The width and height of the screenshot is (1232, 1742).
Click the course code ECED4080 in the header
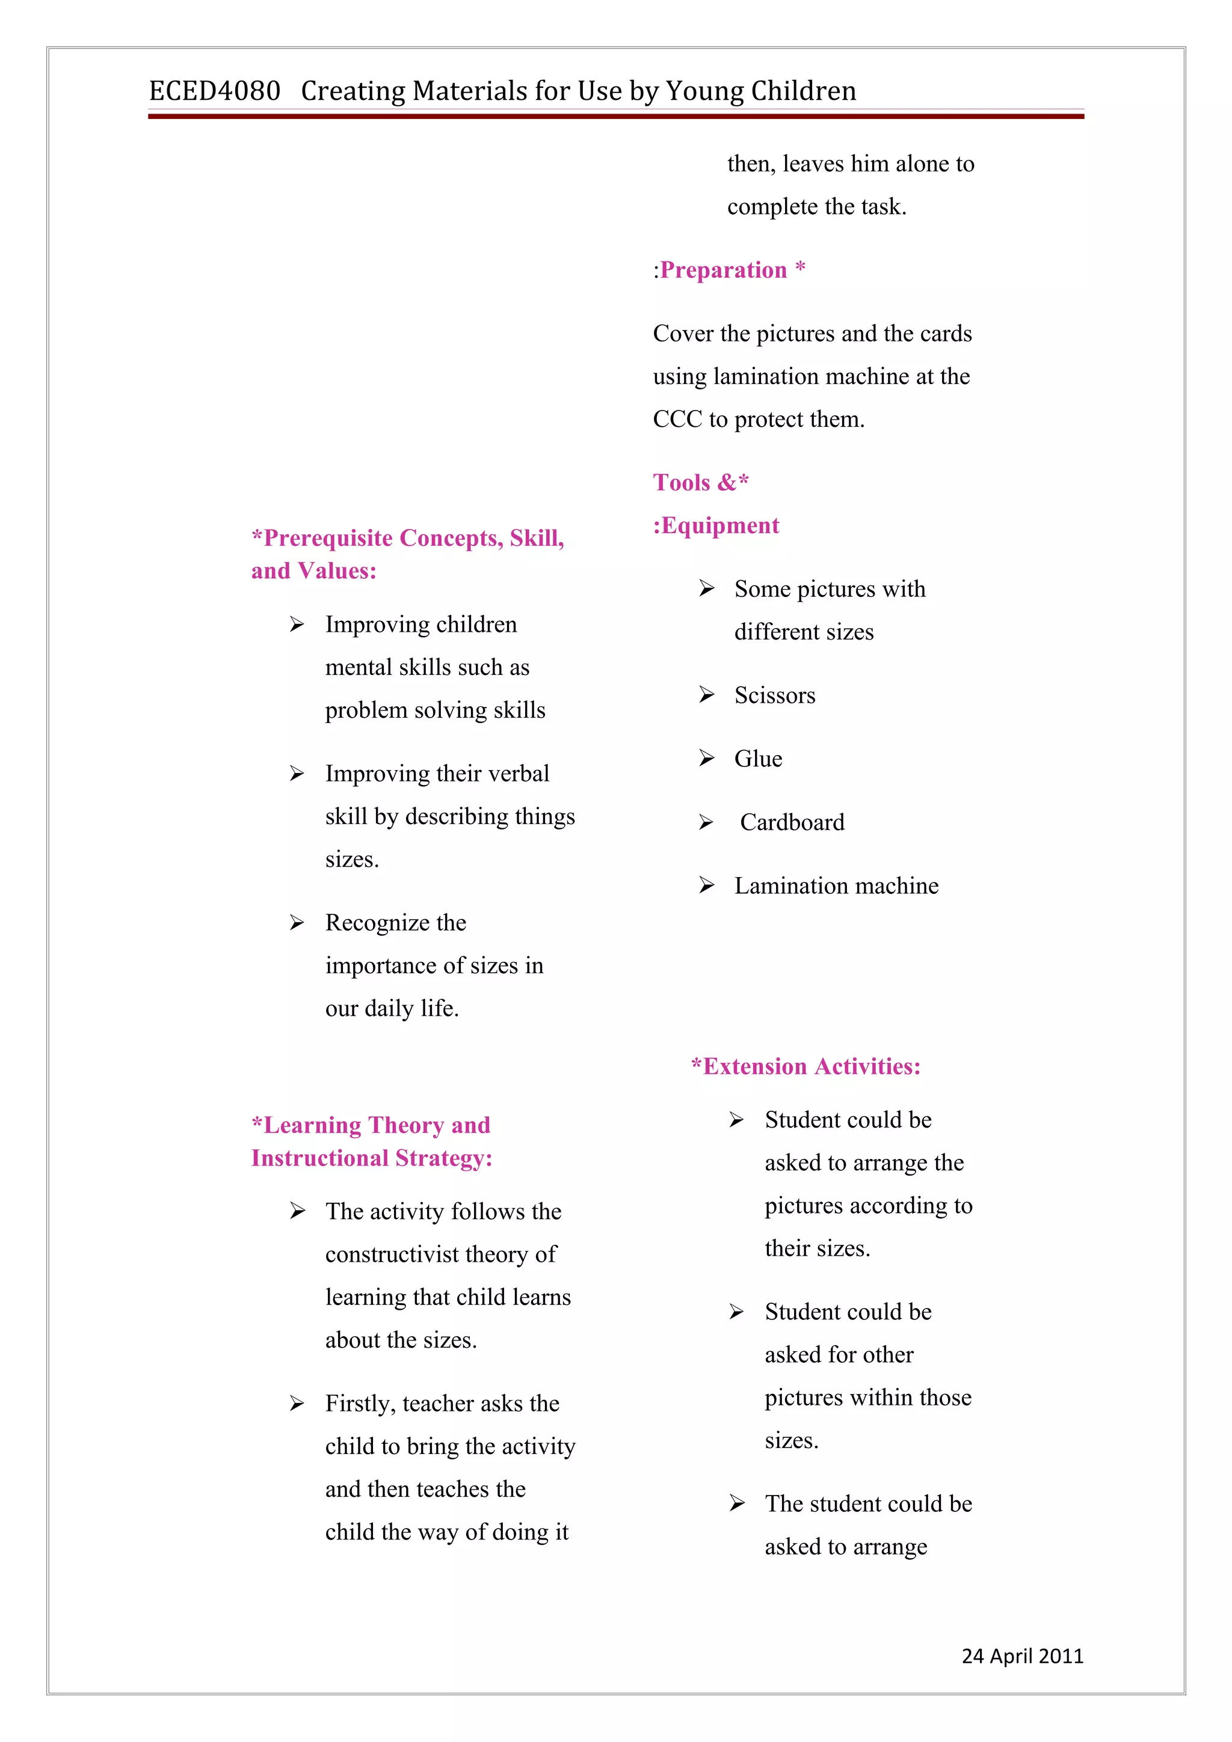(214, 91)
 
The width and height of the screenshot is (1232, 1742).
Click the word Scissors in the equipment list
(774, 695)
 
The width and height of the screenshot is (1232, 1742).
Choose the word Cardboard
(792, 822)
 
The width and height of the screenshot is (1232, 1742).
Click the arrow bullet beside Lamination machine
(707, 885)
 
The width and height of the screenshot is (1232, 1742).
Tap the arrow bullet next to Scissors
(707, 695)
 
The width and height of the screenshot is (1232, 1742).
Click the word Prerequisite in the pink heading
(327, 538)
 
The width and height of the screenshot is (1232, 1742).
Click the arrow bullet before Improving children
(297, 625)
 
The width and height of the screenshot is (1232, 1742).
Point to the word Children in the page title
(803, 91)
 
